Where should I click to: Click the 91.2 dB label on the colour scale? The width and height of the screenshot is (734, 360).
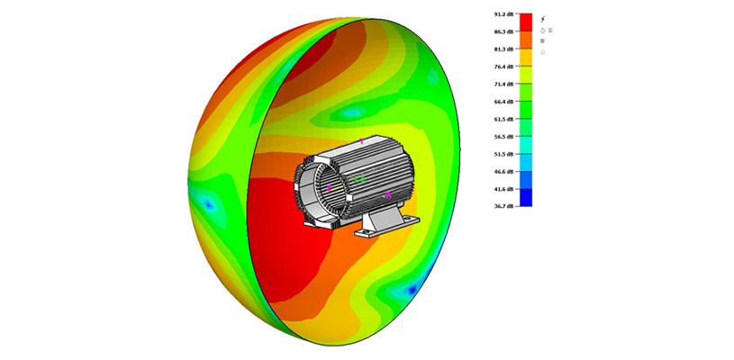pyautogui.click(x=503, y=14)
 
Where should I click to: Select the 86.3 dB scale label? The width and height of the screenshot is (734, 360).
pyautogui.click(x=503, y=31)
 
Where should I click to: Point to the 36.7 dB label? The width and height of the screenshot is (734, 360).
pyautogui.click(x=503, y=206)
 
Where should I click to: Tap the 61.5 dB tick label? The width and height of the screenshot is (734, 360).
pyautogui.click(x=503, y=119)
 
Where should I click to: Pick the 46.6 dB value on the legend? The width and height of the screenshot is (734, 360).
pyautogui.click(x=503, y=172)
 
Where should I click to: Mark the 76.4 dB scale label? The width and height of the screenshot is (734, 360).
pyautogui.click(x=503, y=67)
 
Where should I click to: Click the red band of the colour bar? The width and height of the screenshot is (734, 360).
pyautogui.click(x=526, y=22)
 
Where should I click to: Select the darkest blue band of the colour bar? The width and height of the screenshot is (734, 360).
pyautogui.click(x=526, y=197)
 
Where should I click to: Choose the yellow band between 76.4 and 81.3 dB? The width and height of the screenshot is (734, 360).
pyautogui.click(x=526, y=58)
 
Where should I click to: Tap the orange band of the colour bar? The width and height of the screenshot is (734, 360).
pyautogui.click(x=526, y=40)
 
